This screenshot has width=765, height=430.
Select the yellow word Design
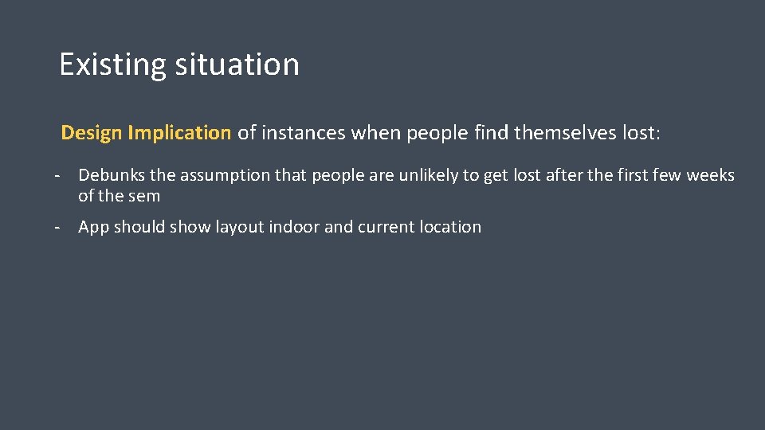point(91,133)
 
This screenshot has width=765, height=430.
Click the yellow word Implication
point(178,133)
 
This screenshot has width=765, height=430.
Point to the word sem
point(145,196)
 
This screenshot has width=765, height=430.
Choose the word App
point(93,227)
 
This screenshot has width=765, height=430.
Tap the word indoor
point(294,227)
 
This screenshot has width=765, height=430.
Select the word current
point(386,227)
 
